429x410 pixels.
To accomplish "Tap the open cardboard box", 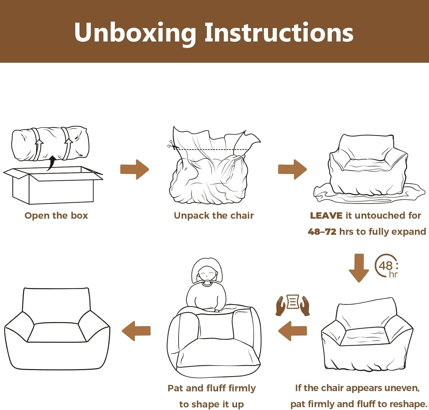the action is click(53, 185).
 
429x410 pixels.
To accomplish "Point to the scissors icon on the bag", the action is click(171, 145).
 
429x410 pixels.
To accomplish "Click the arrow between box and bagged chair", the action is click(135, 169).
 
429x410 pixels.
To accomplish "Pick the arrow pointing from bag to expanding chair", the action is click(292, 169).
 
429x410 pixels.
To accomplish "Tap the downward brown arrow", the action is click(359, 268).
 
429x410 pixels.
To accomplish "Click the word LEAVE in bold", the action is click(326, 216).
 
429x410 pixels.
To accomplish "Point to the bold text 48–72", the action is click(322, 232).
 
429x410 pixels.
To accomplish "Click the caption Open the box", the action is click(56, 216).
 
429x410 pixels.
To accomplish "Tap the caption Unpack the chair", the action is click(214, 216).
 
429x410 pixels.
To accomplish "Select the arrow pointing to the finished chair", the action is click(136, 331).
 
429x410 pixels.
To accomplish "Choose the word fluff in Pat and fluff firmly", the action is click(216, 388).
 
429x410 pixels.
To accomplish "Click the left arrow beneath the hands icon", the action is click(293, 331).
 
